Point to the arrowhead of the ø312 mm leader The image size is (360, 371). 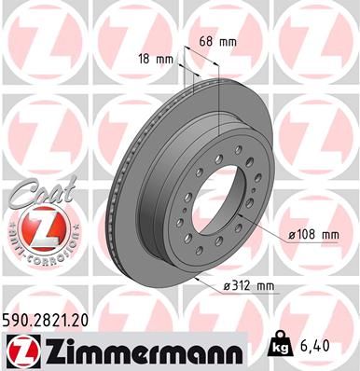tap(199, 277)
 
